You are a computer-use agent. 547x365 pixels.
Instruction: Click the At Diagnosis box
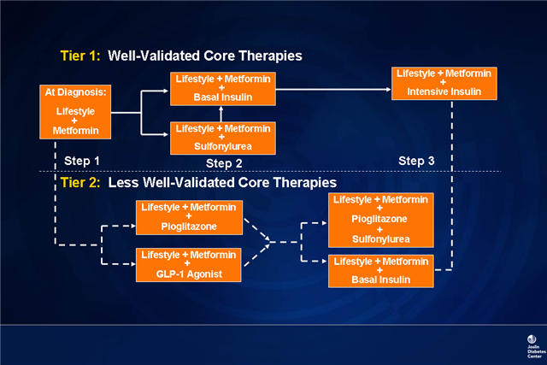click(76, 111)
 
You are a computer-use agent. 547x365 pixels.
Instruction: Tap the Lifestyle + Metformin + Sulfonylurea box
click(218, 137)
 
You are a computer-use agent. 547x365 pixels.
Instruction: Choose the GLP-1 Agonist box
click(190, 263)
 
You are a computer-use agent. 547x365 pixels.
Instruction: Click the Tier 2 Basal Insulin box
click(380, 270)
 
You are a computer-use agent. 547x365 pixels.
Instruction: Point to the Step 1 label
click(79, 161)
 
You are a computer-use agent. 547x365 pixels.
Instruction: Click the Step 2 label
click(225, 162)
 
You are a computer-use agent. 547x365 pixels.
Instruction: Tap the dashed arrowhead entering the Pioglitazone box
click(132, 227)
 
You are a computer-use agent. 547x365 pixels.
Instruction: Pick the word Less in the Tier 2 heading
click(124, 183)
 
